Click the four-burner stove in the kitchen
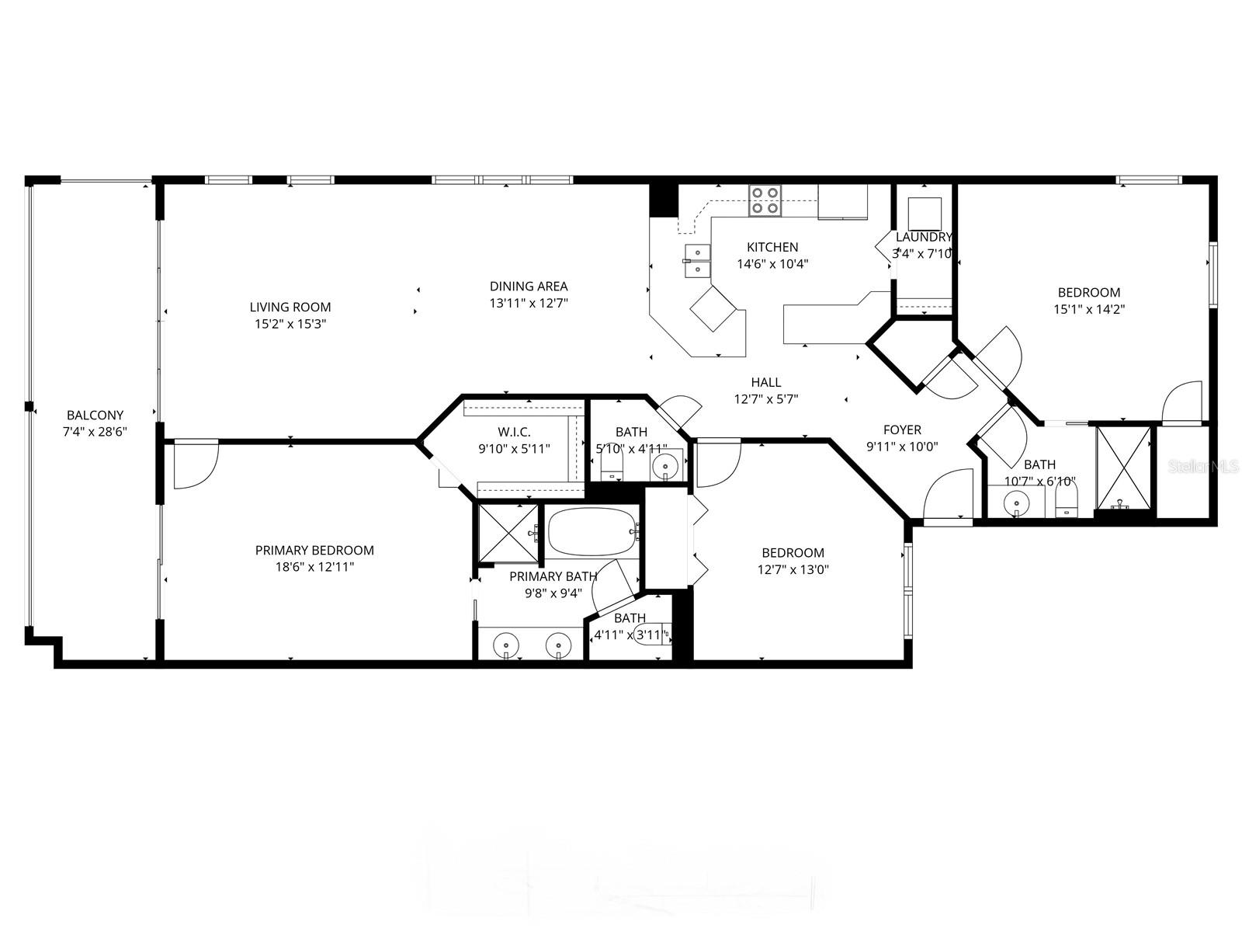point(765,200)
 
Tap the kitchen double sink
point(697,260)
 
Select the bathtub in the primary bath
point(592,531)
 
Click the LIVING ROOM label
point(290,308)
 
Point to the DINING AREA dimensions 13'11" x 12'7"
point(529,303)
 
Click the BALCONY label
point(95,416)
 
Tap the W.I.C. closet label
point(514,432)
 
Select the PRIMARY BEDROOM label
point(314,551)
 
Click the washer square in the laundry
point(925,211)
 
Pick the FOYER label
point(902,429)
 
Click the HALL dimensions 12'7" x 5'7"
point(766,399)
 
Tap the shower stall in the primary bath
point(507,533)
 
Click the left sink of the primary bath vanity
point(507,644)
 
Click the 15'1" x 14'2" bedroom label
point(1089,293)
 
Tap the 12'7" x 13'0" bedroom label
point(793,553)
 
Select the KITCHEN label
point(772,247)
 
